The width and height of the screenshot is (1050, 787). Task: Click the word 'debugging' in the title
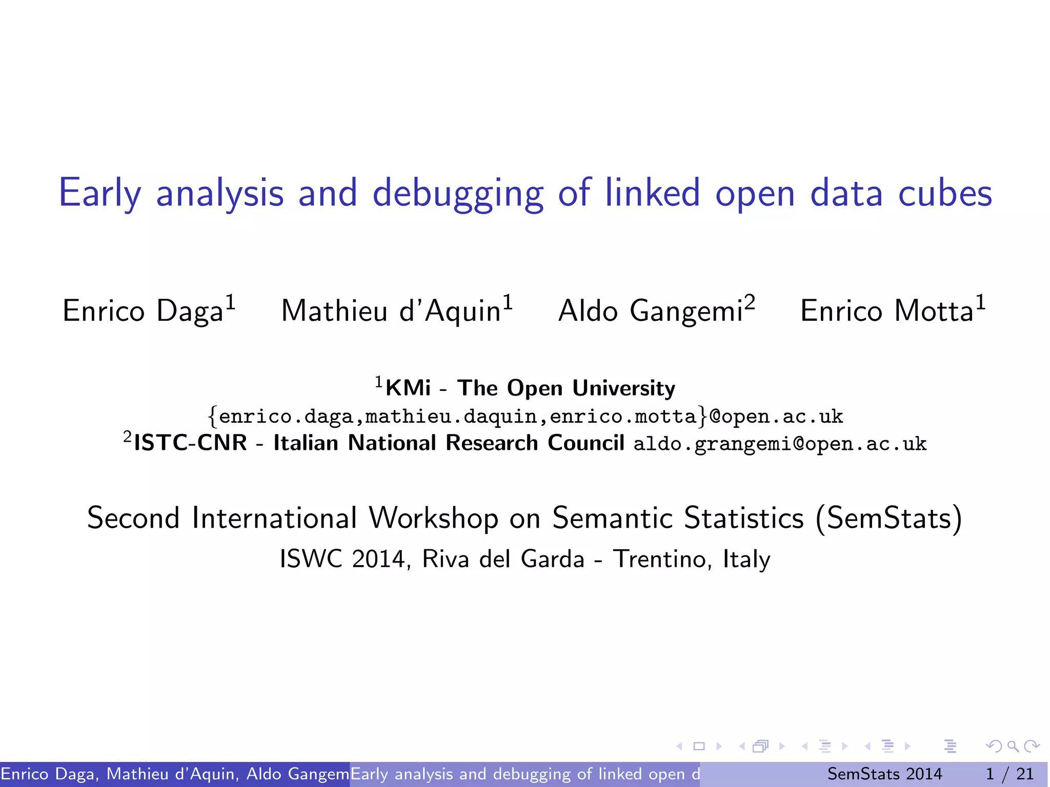[x=458, y=194]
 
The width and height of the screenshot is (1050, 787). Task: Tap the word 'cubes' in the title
[x=945, y=194]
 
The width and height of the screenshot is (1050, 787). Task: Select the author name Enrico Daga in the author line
[x=143, y=311]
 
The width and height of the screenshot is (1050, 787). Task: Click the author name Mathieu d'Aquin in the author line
[x=391, y=311]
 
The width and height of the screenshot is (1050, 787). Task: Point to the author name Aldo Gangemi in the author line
[x=650, y=311]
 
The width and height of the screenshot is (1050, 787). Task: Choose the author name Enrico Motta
[x=886, y=311]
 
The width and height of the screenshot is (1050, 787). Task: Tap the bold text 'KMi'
[x=408, y=388]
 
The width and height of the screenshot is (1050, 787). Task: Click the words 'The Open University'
[x=566, y=388]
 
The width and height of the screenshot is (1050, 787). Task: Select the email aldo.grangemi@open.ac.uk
[x=780, y=444]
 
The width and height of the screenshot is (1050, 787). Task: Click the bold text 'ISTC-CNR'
[x=190, y=443]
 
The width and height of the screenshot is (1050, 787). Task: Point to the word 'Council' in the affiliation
[x=585, y=443]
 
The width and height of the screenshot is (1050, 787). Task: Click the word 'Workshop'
[x=433, y=518]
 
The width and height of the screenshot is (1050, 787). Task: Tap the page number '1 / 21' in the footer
[x=1009, y=774]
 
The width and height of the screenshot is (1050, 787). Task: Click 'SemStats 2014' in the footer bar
[x=884, y=774]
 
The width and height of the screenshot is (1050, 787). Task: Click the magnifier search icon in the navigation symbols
[x=1013, y=746]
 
